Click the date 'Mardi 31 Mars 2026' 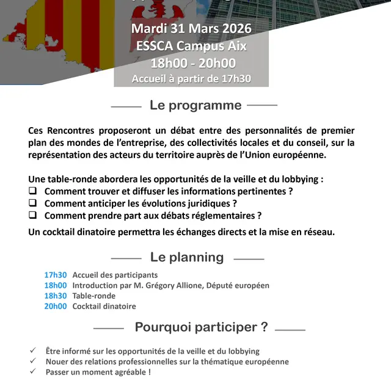click(x=191, y=29)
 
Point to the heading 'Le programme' click(x=195, y=105)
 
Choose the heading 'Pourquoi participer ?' click(x=201, y=327)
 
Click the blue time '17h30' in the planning click(x=55, y=275)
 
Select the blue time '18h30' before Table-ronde click(x=55, y=296)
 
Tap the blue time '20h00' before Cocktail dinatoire click(x=55, y=306)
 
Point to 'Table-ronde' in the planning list click(x=93, y=296)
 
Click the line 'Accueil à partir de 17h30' click(x=191, y=78)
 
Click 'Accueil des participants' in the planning click(x=115, y=275)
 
